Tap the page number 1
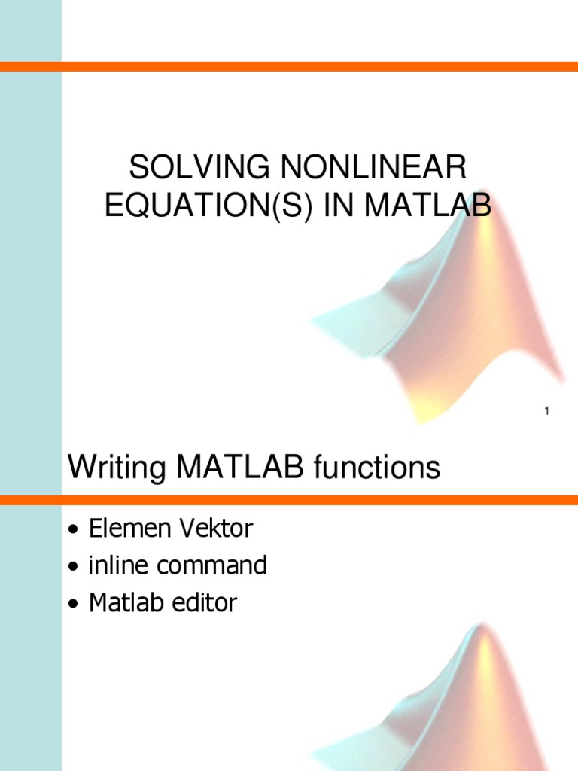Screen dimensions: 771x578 [546, 410]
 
